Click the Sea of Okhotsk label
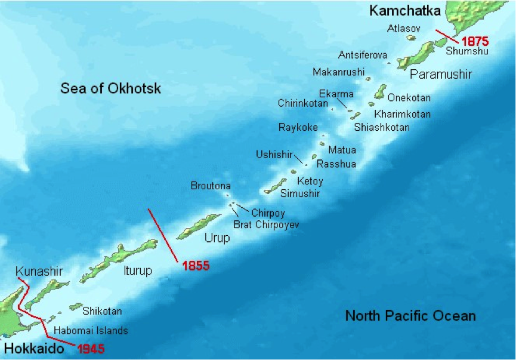pos(110,89)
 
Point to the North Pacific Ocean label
pos(410,316)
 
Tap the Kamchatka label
pos(404,10)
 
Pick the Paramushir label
pos(441,74)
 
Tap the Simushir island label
pos(301,193)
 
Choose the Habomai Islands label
pos(91,330)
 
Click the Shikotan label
pos(102,311)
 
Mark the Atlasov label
pos(404,28)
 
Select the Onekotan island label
pos(409,97)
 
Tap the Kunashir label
pos(39,270)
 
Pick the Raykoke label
pos(298,127)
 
